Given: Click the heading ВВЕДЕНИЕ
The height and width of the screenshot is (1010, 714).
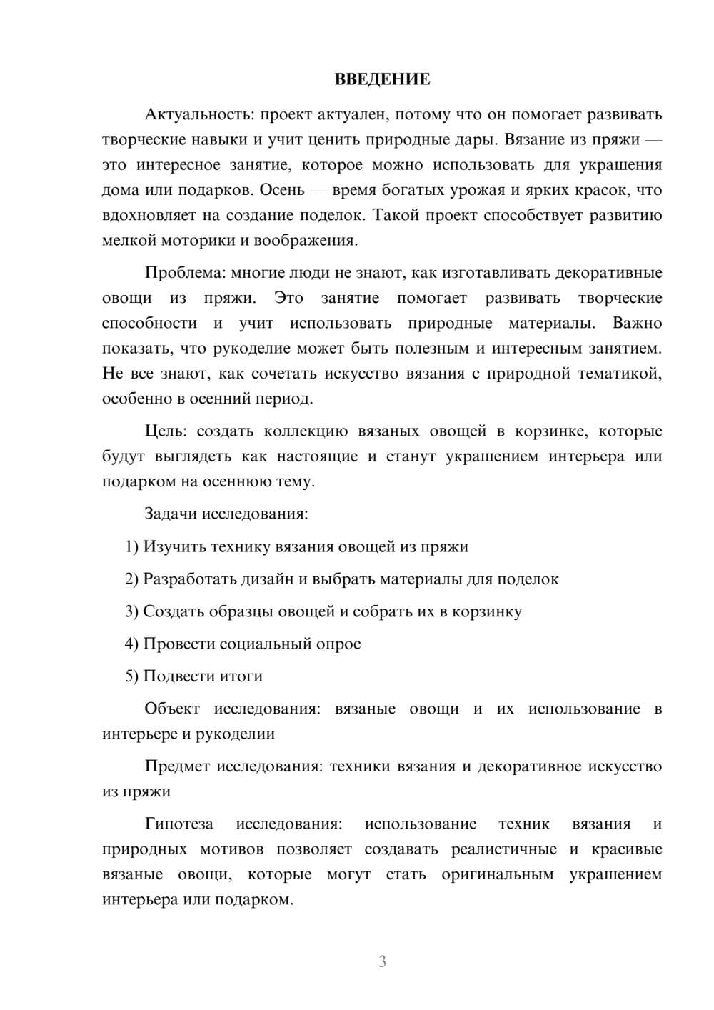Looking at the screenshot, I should point(382,79).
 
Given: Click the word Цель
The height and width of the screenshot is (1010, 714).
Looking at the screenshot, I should point(164,431).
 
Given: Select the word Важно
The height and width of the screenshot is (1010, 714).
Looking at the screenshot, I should point(637,323).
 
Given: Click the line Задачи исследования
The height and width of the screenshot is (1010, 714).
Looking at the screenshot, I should point(226,514).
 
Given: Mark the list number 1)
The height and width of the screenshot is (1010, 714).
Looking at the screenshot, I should point(131,547).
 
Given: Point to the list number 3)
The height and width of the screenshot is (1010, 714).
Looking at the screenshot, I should point(131,611).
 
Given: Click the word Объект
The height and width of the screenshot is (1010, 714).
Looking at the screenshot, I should point(171,709).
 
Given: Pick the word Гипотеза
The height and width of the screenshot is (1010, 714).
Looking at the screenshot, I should point(179,824).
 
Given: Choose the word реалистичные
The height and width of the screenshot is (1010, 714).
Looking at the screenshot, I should point(504,849).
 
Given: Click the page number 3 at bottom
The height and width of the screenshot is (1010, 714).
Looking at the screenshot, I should point(382,961).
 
